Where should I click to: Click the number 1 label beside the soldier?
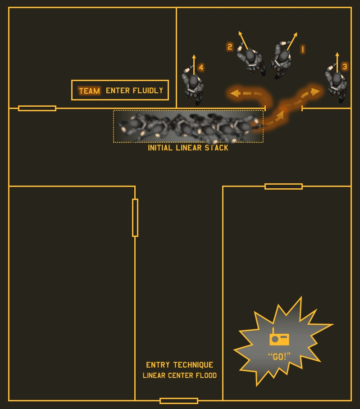[303, 49]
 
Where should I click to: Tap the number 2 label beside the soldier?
[230, 47]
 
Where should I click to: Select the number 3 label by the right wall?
[345, 67]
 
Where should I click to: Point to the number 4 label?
[201, 68]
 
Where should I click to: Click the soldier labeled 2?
[252, 59]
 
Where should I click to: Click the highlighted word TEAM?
[89, 91]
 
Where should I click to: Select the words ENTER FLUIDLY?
[134, 91]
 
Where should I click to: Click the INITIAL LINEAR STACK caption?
[188, 148]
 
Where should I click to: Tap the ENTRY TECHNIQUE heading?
[179, 365]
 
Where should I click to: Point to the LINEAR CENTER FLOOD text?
[179, 375]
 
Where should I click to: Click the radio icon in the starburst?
[279, 338]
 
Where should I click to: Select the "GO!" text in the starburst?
[279, 357]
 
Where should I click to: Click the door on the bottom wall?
[179, 401]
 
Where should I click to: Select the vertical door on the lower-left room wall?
[135, 218]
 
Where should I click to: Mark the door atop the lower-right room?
[283, 186]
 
